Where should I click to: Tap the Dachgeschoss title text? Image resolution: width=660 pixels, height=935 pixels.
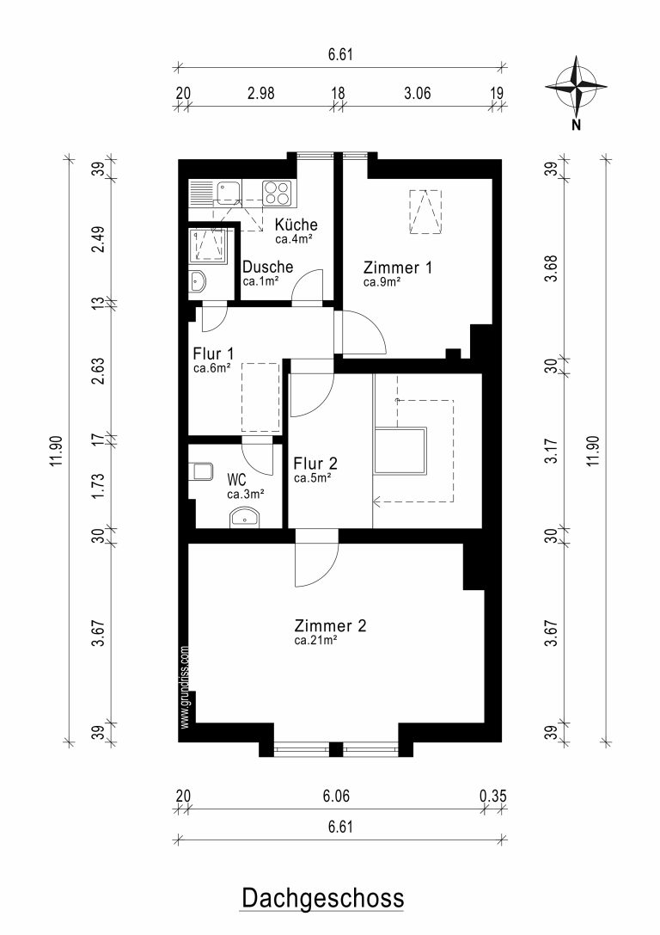coord(322,897)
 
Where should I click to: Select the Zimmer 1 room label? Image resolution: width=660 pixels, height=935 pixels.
coord(398,268)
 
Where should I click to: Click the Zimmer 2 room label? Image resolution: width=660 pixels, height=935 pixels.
coord(330,625)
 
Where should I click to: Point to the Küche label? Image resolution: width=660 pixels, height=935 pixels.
coord(296,225)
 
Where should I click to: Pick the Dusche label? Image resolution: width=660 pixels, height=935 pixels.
coord(267,267)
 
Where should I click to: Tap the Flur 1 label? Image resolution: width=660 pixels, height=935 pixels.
coord(213,354)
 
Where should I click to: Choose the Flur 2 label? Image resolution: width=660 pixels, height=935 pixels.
coord(315,464)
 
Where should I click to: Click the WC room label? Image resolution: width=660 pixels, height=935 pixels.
coord(236,479)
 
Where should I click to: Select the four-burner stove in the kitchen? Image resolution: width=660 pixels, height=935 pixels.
coord(277,192)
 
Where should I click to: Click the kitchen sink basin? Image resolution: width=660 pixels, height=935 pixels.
coord(228,192)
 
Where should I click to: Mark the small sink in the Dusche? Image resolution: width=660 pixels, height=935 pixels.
coord(198,281)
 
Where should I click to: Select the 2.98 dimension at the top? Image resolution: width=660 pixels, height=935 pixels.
coord(261,93)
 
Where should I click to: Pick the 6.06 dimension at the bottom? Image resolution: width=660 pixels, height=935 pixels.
coord(336,796)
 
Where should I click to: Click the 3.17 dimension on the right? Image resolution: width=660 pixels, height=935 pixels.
coord(553,452)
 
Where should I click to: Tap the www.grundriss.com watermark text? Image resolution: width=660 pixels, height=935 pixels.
coord(184,687)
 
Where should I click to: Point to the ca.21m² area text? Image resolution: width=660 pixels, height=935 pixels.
coord(315,641)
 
